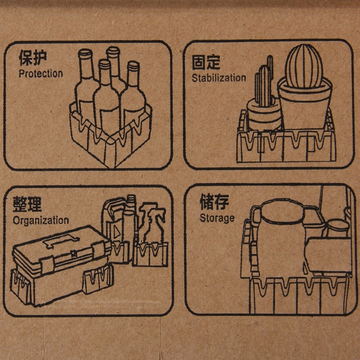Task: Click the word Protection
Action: point(41,74)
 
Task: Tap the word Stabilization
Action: point(219,78)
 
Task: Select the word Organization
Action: point(41,221)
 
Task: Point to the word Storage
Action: point(217,218)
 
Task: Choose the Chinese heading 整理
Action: point(27,204)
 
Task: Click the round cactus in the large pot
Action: point(305,66)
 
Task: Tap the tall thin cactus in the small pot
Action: point(264,86)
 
